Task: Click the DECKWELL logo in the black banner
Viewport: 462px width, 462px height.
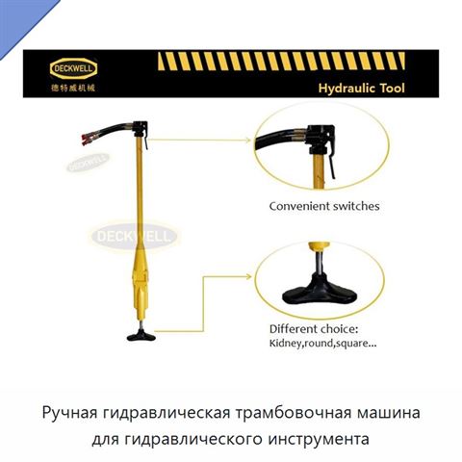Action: (x=73, y=68)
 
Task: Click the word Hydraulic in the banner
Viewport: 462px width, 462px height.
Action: (x=346, y=88)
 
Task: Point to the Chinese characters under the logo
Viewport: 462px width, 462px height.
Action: (x=73, y=88)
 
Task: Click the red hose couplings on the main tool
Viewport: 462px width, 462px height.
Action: (x=87, y=140)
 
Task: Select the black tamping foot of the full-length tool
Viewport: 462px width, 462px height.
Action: (x=141, y=336)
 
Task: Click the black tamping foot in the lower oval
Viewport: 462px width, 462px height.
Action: (x=320, y=294)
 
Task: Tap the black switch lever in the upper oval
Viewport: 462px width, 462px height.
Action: (x=331, y=164)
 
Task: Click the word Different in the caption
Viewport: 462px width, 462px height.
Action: (x=294, y=329)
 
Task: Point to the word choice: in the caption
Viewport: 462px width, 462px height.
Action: (x=340, y=329)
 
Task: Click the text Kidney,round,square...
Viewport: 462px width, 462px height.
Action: (x=323, y=344)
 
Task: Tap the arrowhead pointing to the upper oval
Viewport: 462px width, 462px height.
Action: (x=248, y=140)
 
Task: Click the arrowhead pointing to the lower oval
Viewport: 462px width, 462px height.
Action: (x=248, y=276)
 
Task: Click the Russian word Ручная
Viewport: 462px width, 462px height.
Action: (x=69, y=413)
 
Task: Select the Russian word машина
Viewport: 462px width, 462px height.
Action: (x=388, y=413)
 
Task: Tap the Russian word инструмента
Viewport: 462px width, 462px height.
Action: (x=319, y=439)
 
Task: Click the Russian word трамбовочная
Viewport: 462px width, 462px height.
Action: (x=293, y=413)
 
